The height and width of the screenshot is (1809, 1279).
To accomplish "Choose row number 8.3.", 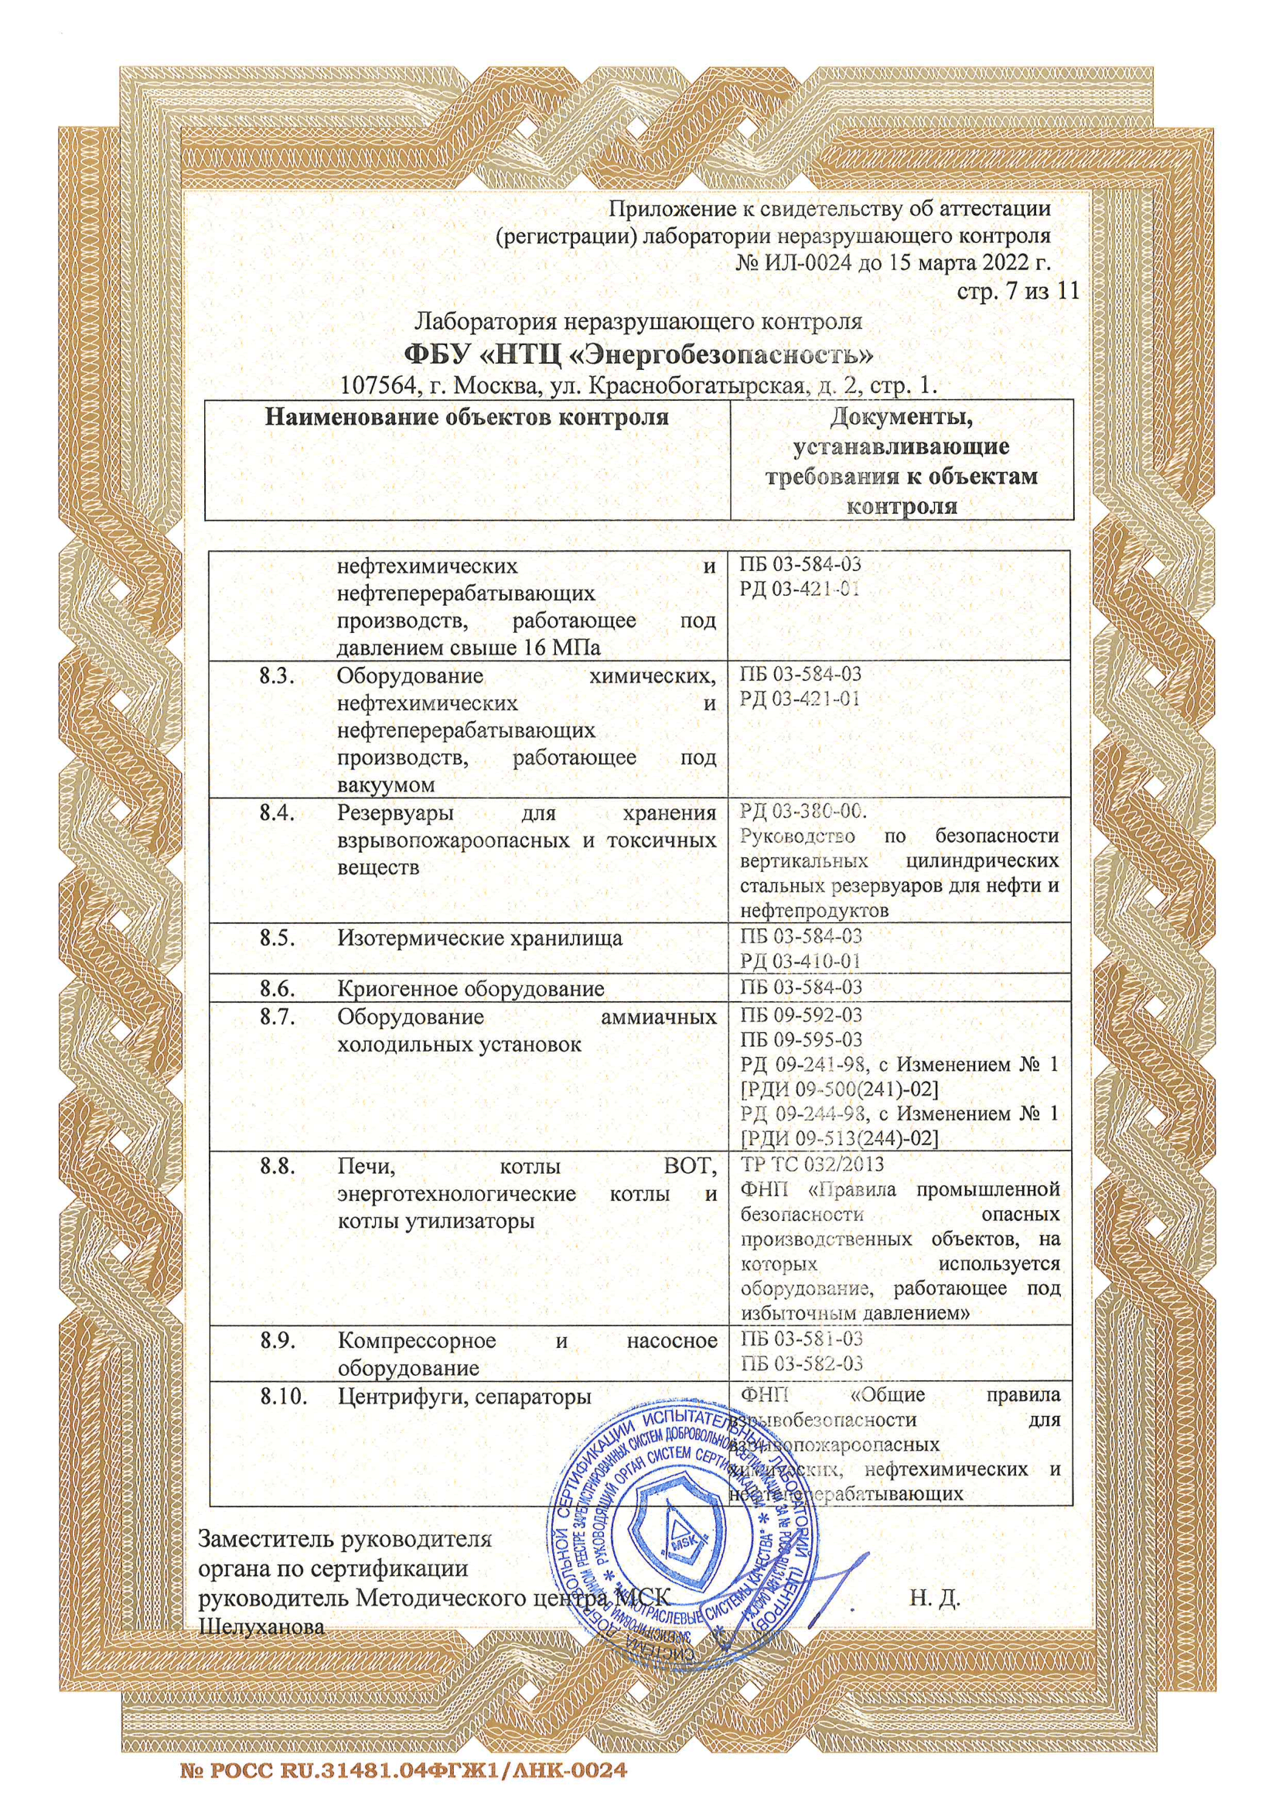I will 278,676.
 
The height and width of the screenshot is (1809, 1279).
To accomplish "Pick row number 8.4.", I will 278,812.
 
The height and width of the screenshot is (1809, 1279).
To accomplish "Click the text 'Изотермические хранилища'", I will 479,938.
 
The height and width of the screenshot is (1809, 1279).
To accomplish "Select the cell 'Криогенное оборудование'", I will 471,988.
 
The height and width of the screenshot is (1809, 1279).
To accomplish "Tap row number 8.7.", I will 278,1017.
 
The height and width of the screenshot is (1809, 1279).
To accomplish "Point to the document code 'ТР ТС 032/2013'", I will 812,1164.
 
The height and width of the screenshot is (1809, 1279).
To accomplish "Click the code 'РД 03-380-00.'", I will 803,811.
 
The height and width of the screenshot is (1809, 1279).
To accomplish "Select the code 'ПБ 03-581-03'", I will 801,1338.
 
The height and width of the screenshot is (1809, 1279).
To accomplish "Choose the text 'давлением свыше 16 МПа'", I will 469,648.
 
